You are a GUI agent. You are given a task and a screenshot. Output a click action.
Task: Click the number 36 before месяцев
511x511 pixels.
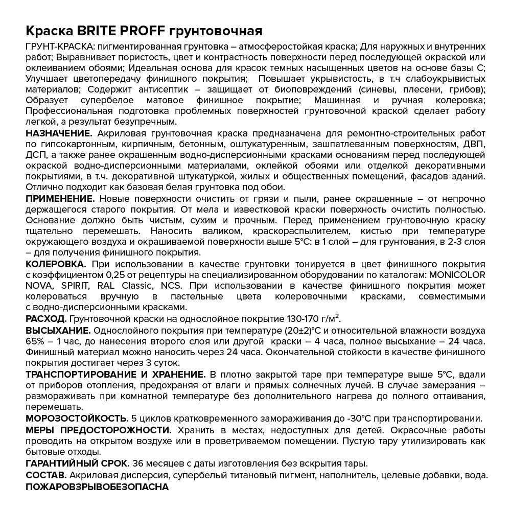(137, 464)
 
